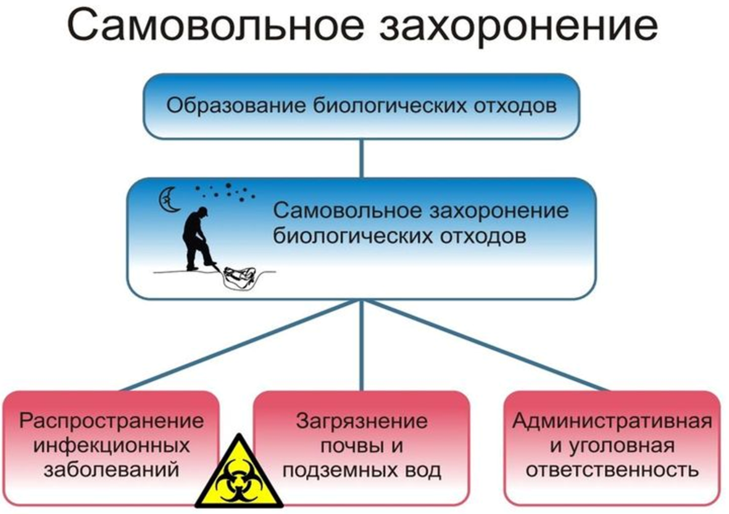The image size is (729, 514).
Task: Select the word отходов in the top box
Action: [x=515, y=106]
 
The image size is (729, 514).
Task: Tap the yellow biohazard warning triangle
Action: [x=239, y=472]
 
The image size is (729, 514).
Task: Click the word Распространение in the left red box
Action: [x=112, y=421]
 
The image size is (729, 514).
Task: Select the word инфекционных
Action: [x=112, y=445]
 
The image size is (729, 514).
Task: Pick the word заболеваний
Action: [x=112, y=470]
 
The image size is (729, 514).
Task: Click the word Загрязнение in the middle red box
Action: [x=362, y=421]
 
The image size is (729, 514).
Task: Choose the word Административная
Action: [x=612, y=421]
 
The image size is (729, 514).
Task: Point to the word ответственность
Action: [x=612, y=470]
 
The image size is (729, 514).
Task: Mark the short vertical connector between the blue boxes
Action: [x=362, y=158]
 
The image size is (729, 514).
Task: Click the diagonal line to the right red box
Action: [x=486, y=345]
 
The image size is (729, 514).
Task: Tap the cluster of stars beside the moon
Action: [x=226, y=191]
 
